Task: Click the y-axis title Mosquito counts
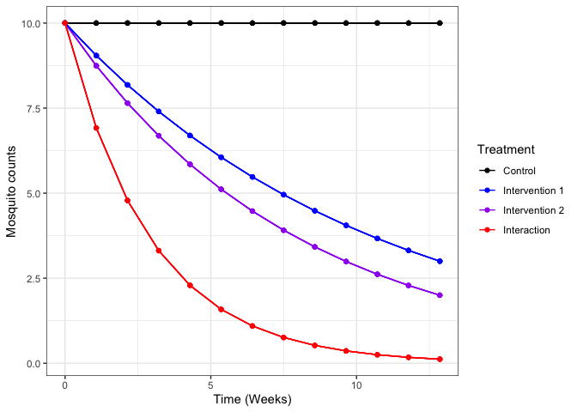click(x=13, y=193)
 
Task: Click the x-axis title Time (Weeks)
click(x=252, y=399)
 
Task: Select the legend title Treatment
click(x=507, y=149)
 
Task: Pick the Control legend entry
click(x=519, y=171)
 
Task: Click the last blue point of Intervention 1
click(x=440, y=261)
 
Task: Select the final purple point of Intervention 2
click(x=440, y=295)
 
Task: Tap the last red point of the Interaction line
click(x=440, y=360)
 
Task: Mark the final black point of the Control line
click(x=440, y=23)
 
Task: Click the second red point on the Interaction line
click(x=96, y=128)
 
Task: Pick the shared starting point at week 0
click(x=65, y=23)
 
